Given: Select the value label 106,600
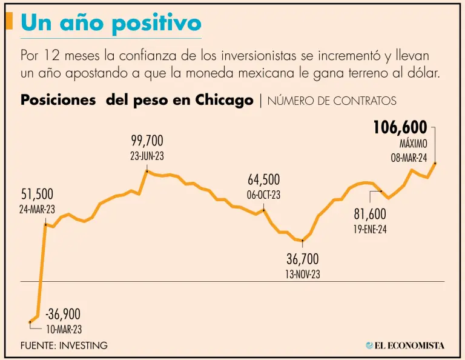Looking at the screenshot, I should tap(400, 128).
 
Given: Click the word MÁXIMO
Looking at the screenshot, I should tap(414, 145).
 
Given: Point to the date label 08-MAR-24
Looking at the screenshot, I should tap(409, 158).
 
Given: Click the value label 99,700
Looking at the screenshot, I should tap(147, 141).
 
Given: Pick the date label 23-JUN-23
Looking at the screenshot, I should tap(147, 156).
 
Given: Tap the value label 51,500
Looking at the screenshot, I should tap(38, 195).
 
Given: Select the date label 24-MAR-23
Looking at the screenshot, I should tap(38, 209).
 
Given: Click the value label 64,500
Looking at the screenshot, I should tap(264, 180).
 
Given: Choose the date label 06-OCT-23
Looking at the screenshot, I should tap(264, 195).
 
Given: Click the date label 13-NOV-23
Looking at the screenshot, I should tap(303, 274).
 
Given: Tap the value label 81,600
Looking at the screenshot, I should tap(369, 215).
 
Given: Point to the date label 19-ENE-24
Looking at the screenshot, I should tap(369, 230).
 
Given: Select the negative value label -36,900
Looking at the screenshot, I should tap(63, 315).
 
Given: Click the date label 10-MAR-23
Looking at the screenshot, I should tap(64, 330).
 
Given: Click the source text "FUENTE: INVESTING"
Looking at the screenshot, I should tap(64, 345).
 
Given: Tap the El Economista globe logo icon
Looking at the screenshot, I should tap(369, 345).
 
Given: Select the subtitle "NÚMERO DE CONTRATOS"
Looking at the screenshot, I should tap(332, 101).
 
